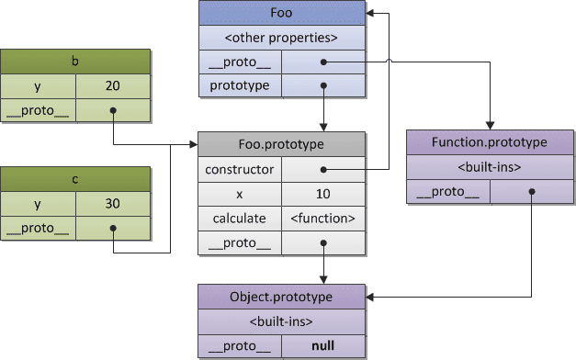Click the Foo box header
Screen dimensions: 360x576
pyautogui.click(x=282, y=14)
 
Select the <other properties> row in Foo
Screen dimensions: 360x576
pyautogui.click(x=282, y=39)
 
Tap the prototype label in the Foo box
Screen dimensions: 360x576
pyautogui.click(x=239, y=85)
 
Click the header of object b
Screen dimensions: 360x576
pyautogui.click(x=74, y=62)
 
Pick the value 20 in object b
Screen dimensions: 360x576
pyautogui.click(x=112, y=86)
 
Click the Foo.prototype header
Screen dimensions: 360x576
pyautogui.click(x=282, y=145)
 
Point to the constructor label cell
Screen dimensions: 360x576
pyautogui.click(x=239, y=170)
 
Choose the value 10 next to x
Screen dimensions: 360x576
pyautogui.click(x=323, y=195)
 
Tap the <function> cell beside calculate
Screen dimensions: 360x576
pyautogui.click(x=323, y=219)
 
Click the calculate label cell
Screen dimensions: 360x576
pyautogui.click(x=239, y=219)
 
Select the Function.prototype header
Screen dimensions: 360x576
pyautogui.click(x=491, y=142)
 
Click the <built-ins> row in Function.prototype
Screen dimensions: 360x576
pyautogui.click(x=491, y=167)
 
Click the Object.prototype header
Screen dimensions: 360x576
pyautogui.click(x=282, y=297)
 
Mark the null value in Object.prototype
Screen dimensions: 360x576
pyautogui.click(x=323, y=346)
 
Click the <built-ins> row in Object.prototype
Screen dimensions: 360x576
pyautogui.click(x=282, y=321)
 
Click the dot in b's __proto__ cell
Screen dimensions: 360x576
pyautogui.click(x=112, y=111)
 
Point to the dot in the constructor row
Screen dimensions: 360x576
pyautogui.click(x=323, y=170)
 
